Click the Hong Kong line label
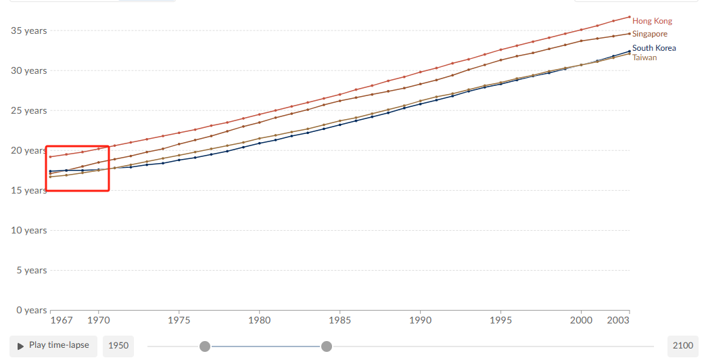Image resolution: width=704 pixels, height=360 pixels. click(652, 21)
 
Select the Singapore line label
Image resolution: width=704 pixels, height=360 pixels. click(650, 34)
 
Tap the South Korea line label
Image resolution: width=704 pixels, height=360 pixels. click(654, 47)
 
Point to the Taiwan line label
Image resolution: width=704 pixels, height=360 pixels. click(644, 58)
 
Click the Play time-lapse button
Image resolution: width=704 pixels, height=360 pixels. click(53, 346)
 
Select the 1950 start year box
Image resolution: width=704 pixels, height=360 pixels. click(118, 346)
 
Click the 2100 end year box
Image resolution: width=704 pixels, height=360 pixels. click(683, 346)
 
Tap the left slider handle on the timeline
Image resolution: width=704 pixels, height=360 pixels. click(205, 346)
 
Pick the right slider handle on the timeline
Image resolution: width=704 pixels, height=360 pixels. click(327, 346)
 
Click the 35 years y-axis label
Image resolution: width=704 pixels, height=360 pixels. click(28, 30)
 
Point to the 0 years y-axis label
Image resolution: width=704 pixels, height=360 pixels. click(31, 310)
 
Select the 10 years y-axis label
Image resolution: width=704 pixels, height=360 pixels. click(28, 230)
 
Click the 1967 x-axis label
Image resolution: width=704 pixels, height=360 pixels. click(62, 320)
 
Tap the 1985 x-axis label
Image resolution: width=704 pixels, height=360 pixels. click(340, 320)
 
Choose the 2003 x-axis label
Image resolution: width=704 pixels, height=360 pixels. click(618, 320)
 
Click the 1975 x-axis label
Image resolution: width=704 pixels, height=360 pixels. click(179, 320)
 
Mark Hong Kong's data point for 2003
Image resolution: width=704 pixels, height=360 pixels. click(630, 17)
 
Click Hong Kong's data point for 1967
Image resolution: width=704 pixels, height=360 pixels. click(50, 157)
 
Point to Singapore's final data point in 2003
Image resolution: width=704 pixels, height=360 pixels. click(630, 34)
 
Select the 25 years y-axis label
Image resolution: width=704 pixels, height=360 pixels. click(28, 110)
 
